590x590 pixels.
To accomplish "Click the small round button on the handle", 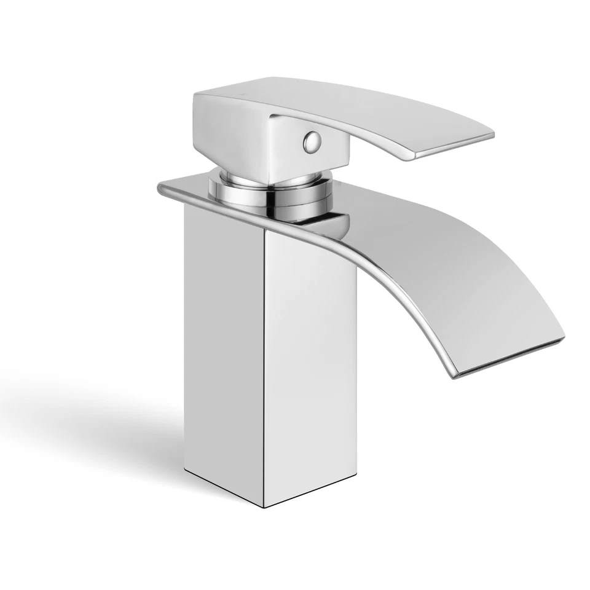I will click(312, 142).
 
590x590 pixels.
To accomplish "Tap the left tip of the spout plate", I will click(161, 187).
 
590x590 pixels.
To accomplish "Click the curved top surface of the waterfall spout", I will click(455, 246).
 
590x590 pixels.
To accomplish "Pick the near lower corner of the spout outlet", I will click(455, 375).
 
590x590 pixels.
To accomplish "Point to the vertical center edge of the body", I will click(264, 369).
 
